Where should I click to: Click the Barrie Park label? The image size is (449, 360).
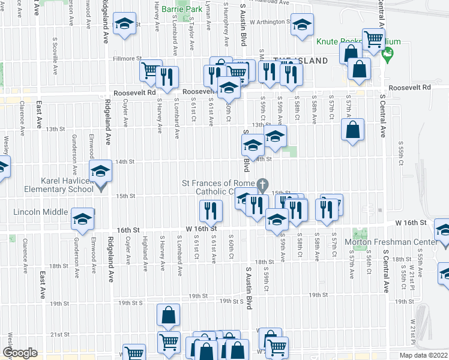[x=182, y=10]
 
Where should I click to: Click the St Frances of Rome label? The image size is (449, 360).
[x=220, y=183]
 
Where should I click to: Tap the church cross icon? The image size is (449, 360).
[x=262, y=183]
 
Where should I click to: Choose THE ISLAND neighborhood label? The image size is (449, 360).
[x=300, y=61]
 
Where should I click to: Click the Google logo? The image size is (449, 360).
[x=19, y=353]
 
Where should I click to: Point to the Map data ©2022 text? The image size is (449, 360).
[x=423, y=355]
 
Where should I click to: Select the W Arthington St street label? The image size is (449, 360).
[x=270, y=22]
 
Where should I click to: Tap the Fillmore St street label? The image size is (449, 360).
[x=127, y=59]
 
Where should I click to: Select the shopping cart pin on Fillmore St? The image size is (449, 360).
[x=151, y=70]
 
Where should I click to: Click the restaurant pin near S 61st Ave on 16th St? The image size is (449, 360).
[x=211, y=210]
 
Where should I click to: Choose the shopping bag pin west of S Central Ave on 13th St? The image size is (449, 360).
[x=353, y=128]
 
